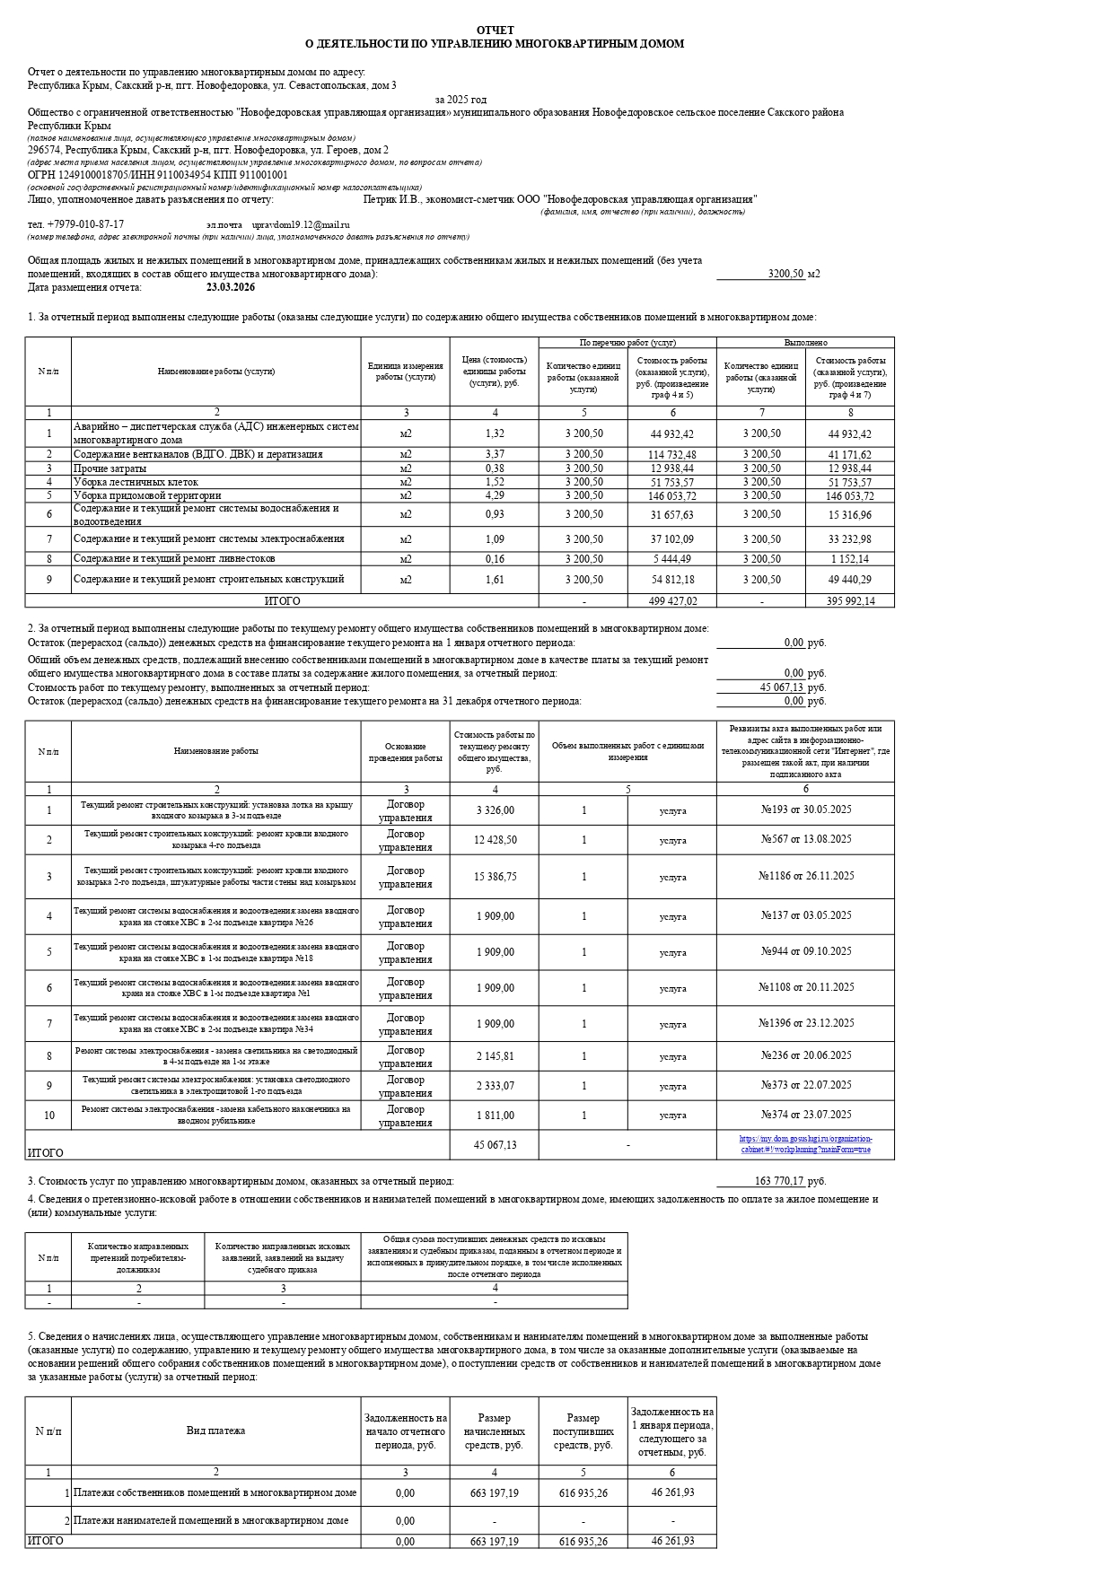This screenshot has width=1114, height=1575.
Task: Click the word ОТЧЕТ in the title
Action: [496, 31]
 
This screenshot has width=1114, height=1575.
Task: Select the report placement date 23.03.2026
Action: [231, 287]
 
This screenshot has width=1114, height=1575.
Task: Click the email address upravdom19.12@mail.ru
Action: [301, 224]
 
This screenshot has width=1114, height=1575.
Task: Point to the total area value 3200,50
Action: [785, 274]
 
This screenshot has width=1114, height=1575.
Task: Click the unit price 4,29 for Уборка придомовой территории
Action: [495, 495]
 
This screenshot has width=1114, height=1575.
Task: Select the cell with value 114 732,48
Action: [672, 455]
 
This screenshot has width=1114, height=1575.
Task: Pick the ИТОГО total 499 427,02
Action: [672, 601]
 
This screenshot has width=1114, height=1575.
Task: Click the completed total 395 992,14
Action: [850, 601]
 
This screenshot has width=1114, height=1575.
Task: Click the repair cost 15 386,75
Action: [495, 877]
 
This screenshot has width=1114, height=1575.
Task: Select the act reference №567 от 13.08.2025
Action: [806, 839]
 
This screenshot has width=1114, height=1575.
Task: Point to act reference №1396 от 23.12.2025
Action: [806, 1023]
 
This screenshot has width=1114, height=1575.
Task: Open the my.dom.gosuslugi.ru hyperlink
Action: [806, 1144]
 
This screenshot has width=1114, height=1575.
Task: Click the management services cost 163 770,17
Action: [779, 1181]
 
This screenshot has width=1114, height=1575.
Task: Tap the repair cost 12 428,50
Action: [495, 839]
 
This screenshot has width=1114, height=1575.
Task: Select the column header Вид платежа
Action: [215, 1431]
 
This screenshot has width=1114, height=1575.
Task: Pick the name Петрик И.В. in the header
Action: [392, 199]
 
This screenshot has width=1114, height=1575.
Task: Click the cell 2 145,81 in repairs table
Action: [495, 1056]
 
